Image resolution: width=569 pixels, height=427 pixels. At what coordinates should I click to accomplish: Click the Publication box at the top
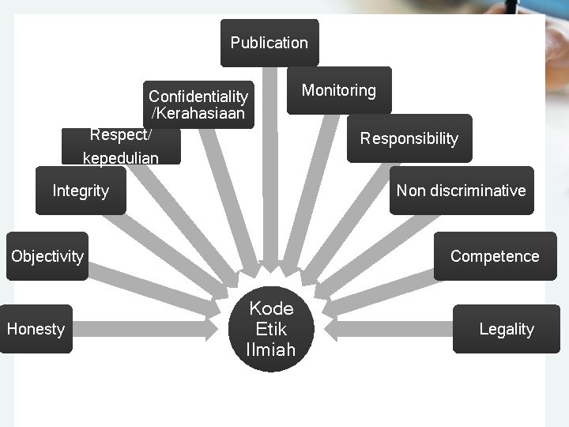[269, 43]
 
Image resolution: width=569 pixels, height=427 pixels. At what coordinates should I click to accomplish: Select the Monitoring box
[338, 90]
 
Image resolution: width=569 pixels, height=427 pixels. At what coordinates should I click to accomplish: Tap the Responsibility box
[409, 138]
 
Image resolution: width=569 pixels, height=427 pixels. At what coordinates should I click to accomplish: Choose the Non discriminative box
[462, 191]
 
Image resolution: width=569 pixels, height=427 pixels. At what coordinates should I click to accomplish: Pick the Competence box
[495, 256]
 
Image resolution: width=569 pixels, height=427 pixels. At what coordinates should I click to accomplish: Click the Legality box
[507, 329]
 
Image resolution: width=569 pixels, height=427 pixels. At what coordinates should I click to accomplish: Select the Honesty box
[36, 329]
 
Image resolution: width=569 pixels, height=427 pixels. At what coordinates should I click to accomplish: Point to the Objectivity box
[47, 256]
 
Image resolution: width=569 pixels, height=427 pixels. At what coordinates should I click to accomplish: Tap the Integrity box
[81, 191]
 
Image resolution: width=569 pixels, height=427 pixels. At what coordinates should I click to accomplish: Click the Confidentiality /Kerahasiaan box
[198, 104]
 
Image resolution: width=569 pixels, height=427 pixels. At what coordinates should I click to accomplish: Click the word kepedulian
[121, 158]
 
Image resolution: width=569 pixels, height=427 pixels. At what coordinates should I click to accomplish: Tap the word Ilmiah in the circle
[271, 350]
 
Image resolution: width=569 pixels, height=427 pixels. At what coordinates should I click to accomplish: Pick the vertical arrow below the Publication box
[271, 174]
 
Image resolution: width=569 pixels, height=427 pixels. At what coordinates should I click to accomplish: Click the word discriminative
[477, 191]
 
